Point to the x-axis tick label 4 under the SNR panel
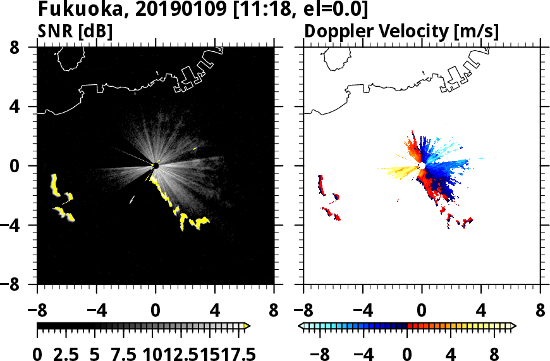(x=215, y=311)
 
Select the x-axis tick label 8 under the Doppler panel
(x=541, y=311)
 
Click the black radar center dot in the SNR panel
(x=156, y=166)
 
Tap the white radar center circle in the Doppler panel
(x=422, y=166)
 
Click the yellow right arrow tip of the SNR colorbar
(x=247, y=326)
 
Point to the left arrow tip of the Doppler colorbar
(x=300, y=326)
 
